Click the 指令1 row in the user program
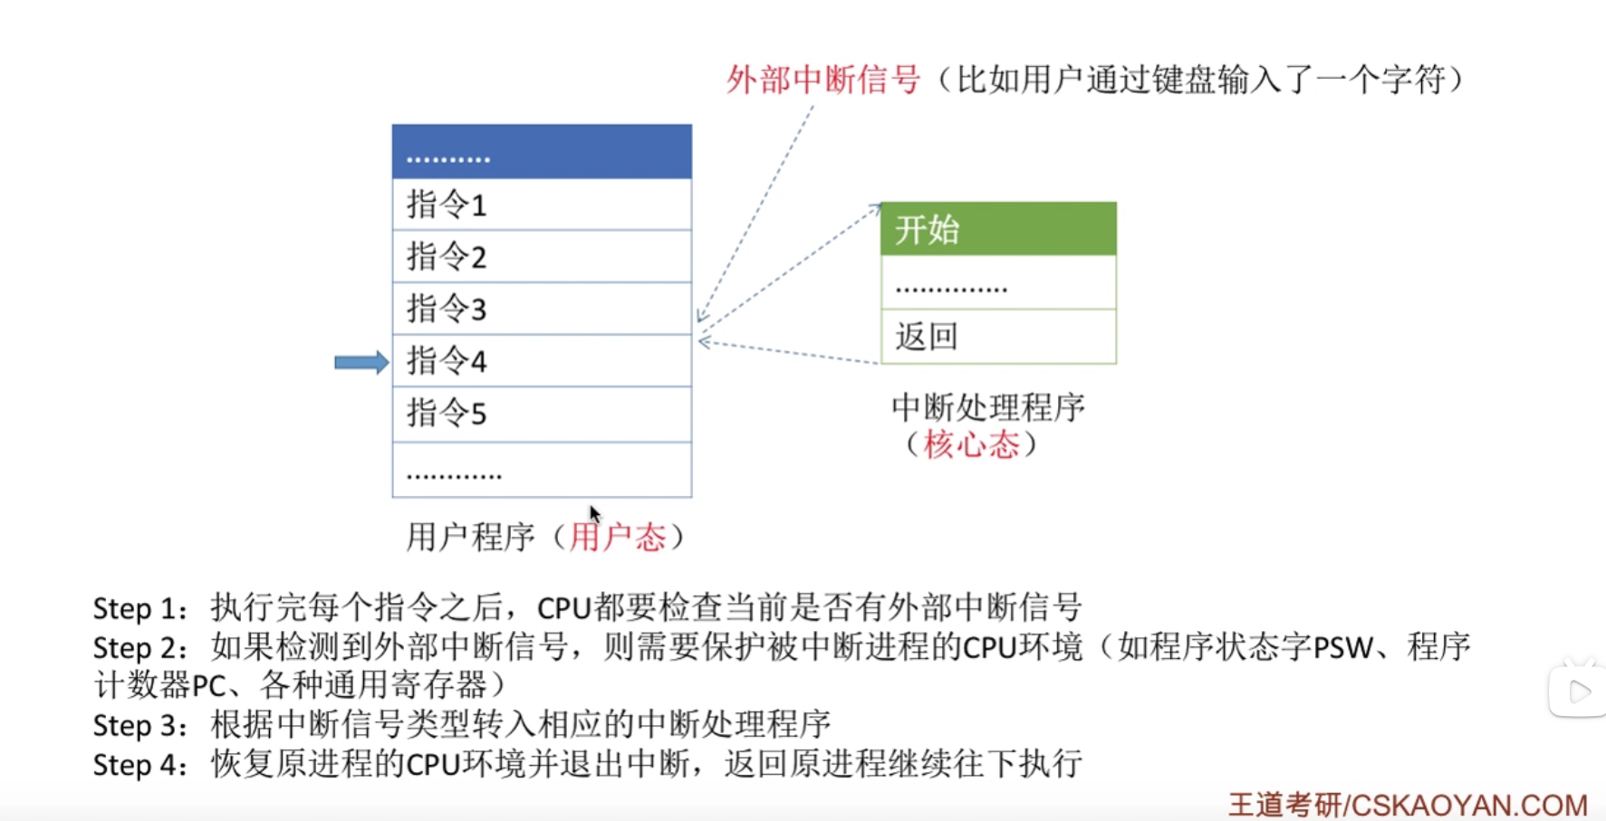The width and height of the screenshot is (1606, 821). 541,205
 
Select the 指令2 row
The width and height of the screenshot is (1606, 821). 541,256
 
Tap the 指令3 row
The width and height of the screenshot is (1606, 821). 541,309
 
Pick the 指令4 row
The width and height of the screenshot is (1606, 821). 541,361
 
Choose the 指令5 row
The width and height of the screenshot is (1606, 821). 541,414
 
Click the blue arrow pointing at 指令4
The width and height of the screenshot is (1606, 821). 361,363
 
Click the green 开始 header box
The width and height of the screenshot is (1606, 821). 997,229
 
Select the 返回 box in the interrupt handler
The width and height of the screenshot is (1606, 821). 997,337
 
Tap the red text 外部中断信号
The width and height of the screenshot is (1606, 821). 822,80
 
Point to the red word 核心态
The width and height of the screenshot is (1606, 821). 971,444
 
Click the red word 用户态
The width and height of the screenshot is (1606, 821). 618,538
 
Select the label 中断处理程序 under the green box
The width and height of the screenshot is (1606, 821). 987,407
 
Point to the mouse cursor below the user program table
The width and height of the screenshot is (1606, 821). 594,513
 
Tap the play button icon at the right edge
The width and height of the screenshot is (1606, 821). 1579,692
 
